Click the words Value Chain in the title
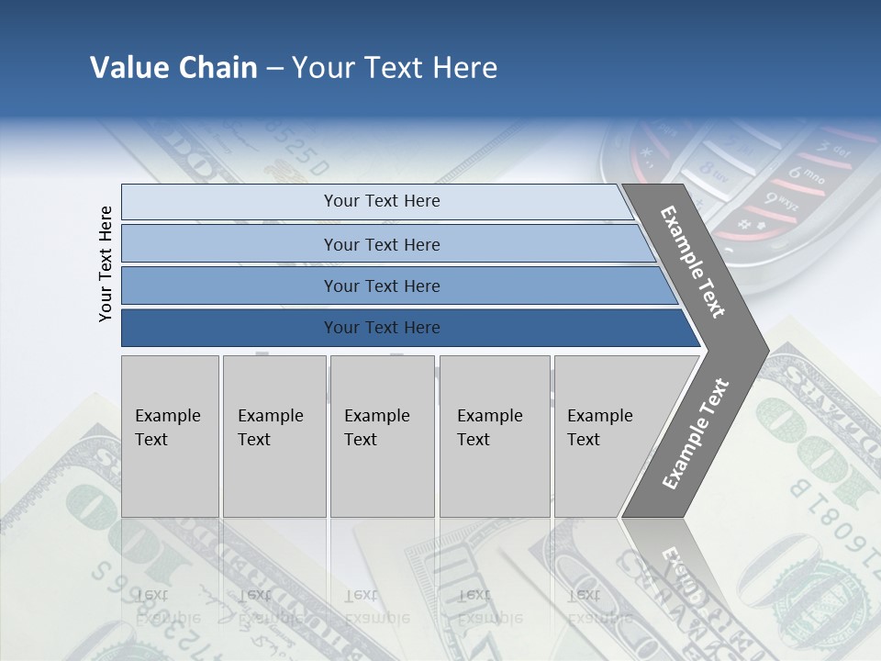(x=173, y=68)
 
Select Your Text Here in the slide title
(x=395, y=68)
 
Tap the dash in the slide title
(x=274, y=69)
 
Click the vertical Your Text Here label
(x=106, y=263)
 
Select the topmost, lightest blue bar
(x=381, y=201)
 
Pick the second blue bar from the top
(x=381, y=244)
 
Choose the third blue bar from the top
(x=381, y=286)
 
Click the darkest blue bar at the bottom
(x=381, y=328)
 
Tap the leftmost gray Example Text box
(x=170, y=435)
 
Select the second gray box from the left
(x=273, y=435)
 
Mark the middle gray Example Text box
(x=382, y=435)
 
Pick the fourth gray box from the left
(x=495, y=435)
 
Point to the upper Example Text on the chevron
(x=693, y=262)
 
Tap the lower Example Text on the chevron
(x=696, y=433)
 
